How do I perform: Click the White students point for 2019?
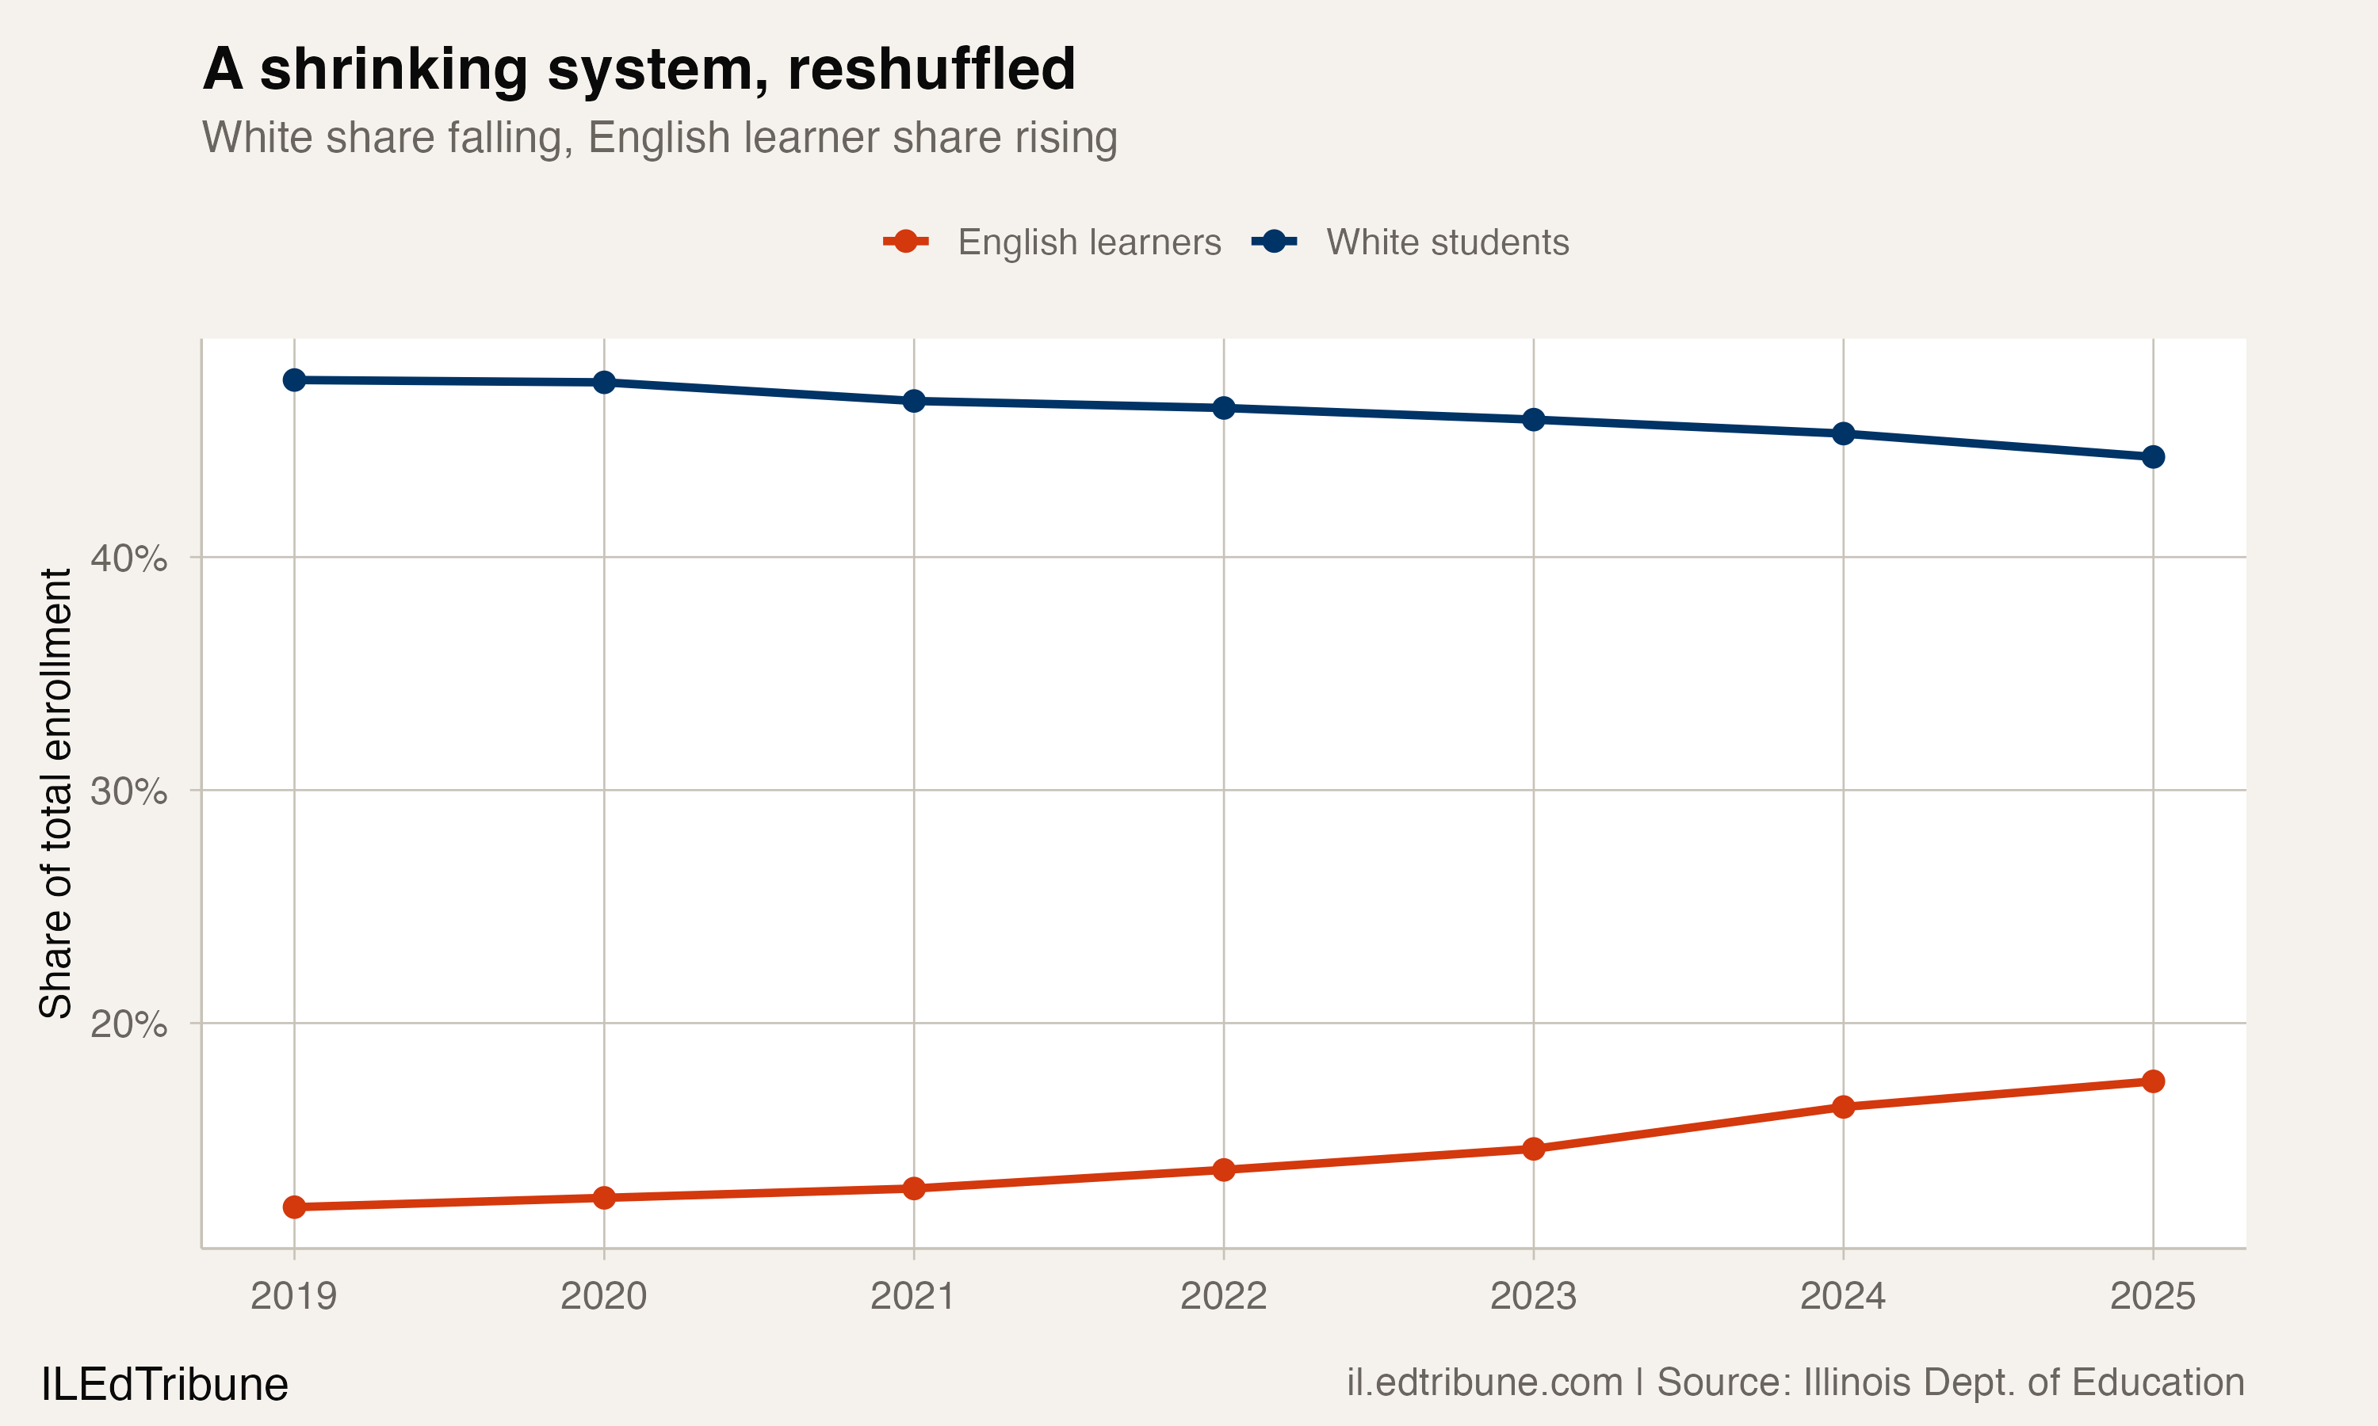[x=294, y=380]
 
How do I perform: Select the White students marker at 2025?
[x=2153, y=457]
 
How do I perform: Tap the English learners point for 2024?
[x=1844, y=1107]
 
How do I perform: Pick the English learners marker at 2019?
[x=294, y=1207]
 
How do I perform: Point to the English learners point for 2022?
[x=1224, y=1169]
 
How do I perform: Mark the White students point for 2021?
[x=914, y=401]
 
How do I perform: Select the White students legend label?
[x=1447, y=242]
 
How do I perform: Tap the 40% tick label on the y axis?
[x=128, y=559]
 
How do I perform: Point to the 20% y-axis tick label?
[x=128, y=1024]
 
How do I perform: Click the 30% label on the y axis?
[x=128, y=791]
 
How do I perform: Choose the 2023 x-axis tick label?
[x=1533, y=1296]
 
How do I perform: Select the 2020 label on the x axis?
[x=604, y=1296]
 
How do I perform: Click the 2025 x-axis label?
[x=2153, y=1296]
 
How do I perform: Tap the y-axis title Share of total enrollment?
[x=55, y=793]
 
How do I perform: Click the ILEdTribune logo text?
[x=164, y=1385]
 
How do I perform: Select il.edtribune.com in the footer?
[x=1484, y=1382]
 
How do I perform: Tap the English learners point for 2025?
[x=2153, y=1082]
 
